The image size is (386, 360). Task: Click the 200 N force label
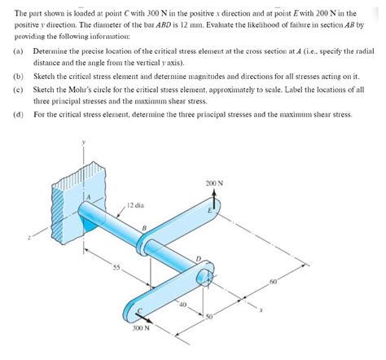point(214,183)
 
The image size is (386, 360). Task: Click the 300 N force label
point(141,327)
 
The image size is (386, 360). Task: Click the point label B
point(144,228)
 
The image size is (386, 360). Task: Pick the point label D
point(199,259)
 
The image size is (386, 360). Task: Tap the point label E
point(209,210)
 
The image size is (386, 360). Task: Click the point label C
point(140,310)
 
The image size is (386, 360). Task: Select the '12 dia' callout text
point(135,205)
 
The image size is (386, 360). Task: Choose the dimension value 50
point(209,317)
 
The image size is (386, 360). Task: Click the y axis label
point(84,142)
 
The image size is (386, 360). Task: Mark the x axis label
point(261,310)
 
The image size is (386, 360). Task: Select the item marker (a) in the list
point(18,51)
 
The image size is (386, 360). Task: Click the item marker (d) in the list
point(18,115)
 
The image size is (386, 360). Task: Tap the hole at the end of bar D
point(205,278)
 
